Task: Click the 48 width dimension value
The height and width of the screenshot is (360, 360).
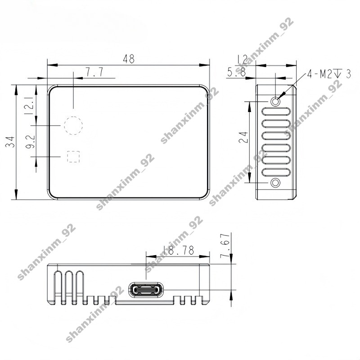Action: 128,59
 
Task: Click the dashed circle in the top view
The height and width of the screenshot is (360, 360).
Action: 73,125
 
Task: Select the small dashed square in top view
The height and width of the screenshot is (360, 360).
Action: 73,156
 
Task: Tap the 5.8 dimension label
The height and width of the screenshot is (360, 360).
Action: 236,72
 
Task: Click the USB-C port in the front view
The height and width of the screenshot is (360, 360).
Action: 145,290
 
